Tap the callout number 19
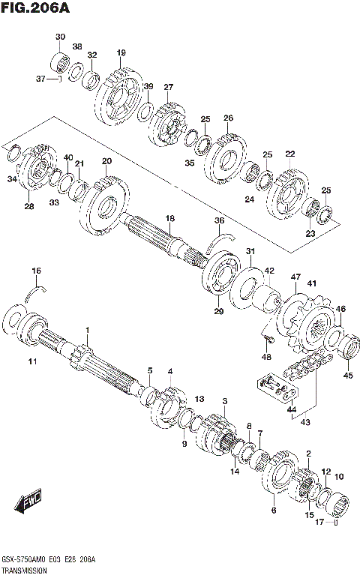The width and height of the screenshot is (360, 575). pyautogui.click(x=121, y=52)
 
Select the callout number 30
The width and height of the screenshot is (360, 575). pyautogui.click(x=60, y=37)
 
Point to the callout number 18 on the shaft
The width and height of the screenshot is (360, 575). pyautogui.click(x=170, y=218)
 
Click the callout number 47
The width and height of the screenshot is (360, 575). pyautogui.click(x=295, y=277)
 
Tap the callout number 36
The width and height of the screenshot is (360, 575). pyautogui.click(x=219, y=220)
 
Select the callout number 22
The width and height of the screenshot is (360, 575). pyautogui.click(x=289, y=154)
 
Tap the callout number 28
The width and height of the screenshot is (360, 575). pyautogui.click(x=28, y=207)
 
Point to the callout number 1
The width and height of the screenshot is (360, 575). pyautogui.click(x=87, y=330)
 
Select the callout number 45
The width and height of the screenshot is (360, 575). pyautogui.click(x=346, y=376)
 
